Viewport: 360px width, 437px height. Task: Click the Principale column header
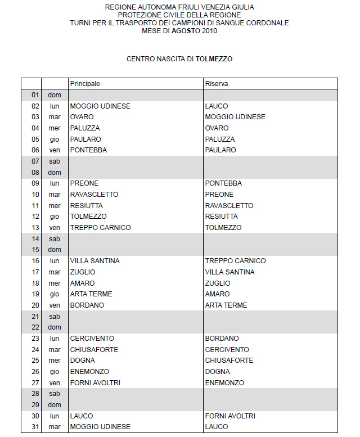click(x=85, y=83)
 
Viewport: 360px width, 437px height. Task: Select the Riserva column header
click(x=217, y=83)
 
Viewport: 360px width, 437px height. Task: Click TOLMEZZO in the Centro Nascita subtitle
click(x=214, y=58)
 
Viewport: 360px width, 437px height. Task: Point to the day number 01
click(x=35, y=95)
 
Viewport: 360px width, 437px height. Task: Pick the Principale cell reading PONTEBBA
click(x=88, y=150)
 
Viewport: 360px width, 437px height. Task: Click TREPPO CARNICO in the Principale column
click(x=100, y=228)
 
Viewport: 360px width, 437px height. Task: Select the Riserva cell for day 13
click(x=223, y=228)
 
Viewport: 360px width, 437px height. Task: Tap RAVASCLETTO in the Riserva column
click(x=229, y=205)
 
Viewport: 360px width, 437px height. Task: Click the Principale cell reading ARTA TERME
click(x=91, y=294)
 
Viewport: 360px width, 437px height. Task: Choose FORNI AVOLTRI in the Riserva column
click(x=230, y=416)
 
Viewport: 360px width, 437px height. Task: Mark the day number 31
click(x=35, y=427)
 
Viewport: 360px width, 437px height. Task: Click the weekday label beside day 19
click(x=55, y=294)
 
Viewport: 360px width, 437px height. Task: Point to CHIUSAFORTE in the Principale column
click(x=94, y=349)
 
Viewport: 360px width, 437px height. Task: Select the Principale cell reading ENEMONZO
click(x=89, y=372)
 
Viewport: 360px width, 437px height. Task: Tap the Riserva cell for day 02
click(x=217, y=106)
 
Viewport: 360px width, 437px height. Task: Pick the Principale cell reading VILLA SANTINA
click(x=94, y=261)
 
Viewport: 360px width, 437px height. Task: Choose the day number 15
click(x=35, y=250)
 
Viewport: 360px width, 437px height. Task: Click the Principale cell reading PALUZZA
click(x=85, y=128)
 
